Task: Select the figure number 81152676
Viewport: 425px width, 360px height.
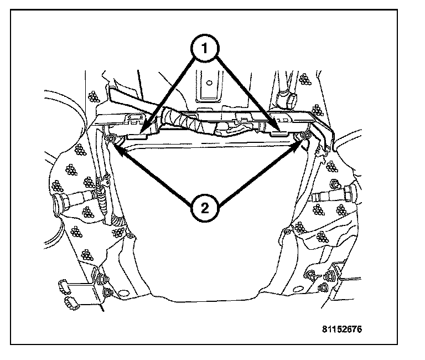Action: (342, 328)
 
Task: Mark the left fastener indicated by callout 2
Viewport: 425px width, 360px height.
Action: (110, 138)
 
